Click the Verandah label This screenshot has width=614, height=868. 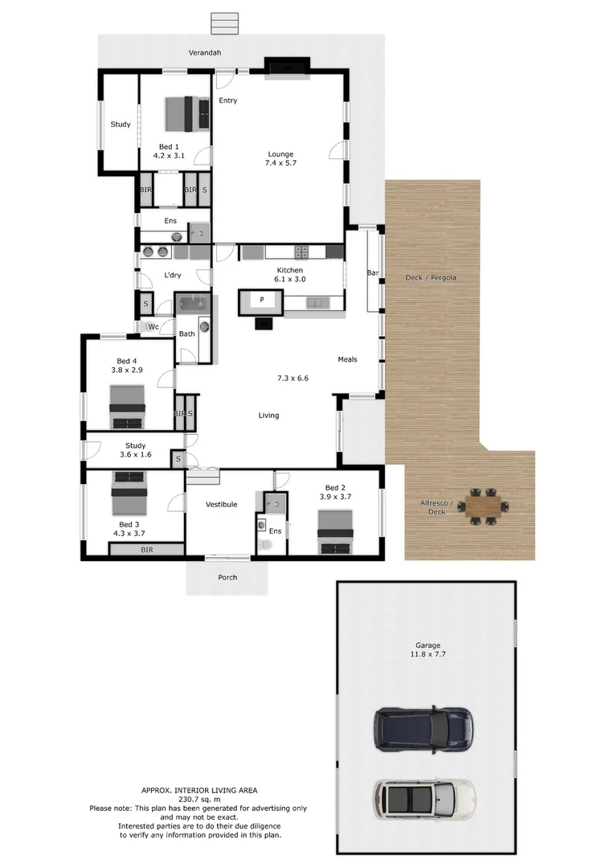click(205, 52)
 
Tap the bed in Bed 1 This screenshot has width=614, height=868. click(188, 113)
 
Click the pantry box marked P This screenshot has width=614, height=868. click(261, 300)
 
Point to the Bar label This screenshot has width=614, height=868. click(373, 273)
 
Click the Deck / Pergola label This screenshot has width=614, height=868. click(431, 278)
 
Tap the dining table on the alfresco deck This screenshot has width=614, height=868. click(482, 506)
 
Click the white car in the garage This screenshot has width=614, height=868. click(424, 796)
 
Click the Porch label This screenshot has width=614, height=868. click(227, 577)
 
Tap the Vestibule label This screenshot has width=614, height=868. click(221, 505)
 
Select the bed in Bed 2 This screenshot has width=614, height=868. click(334, 534)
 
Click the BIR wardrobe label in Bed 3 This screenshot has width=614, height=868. click(147, 550)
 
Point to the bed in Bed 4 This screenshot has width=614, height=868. click(128, 407)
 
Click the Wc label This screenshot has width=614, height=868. click(153, 326)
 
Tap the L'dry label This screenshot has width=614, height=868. click(172, 276)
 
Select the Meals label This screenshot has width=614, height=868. click(347, 359)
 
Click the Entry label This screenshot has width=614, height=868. click(228, 100)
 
